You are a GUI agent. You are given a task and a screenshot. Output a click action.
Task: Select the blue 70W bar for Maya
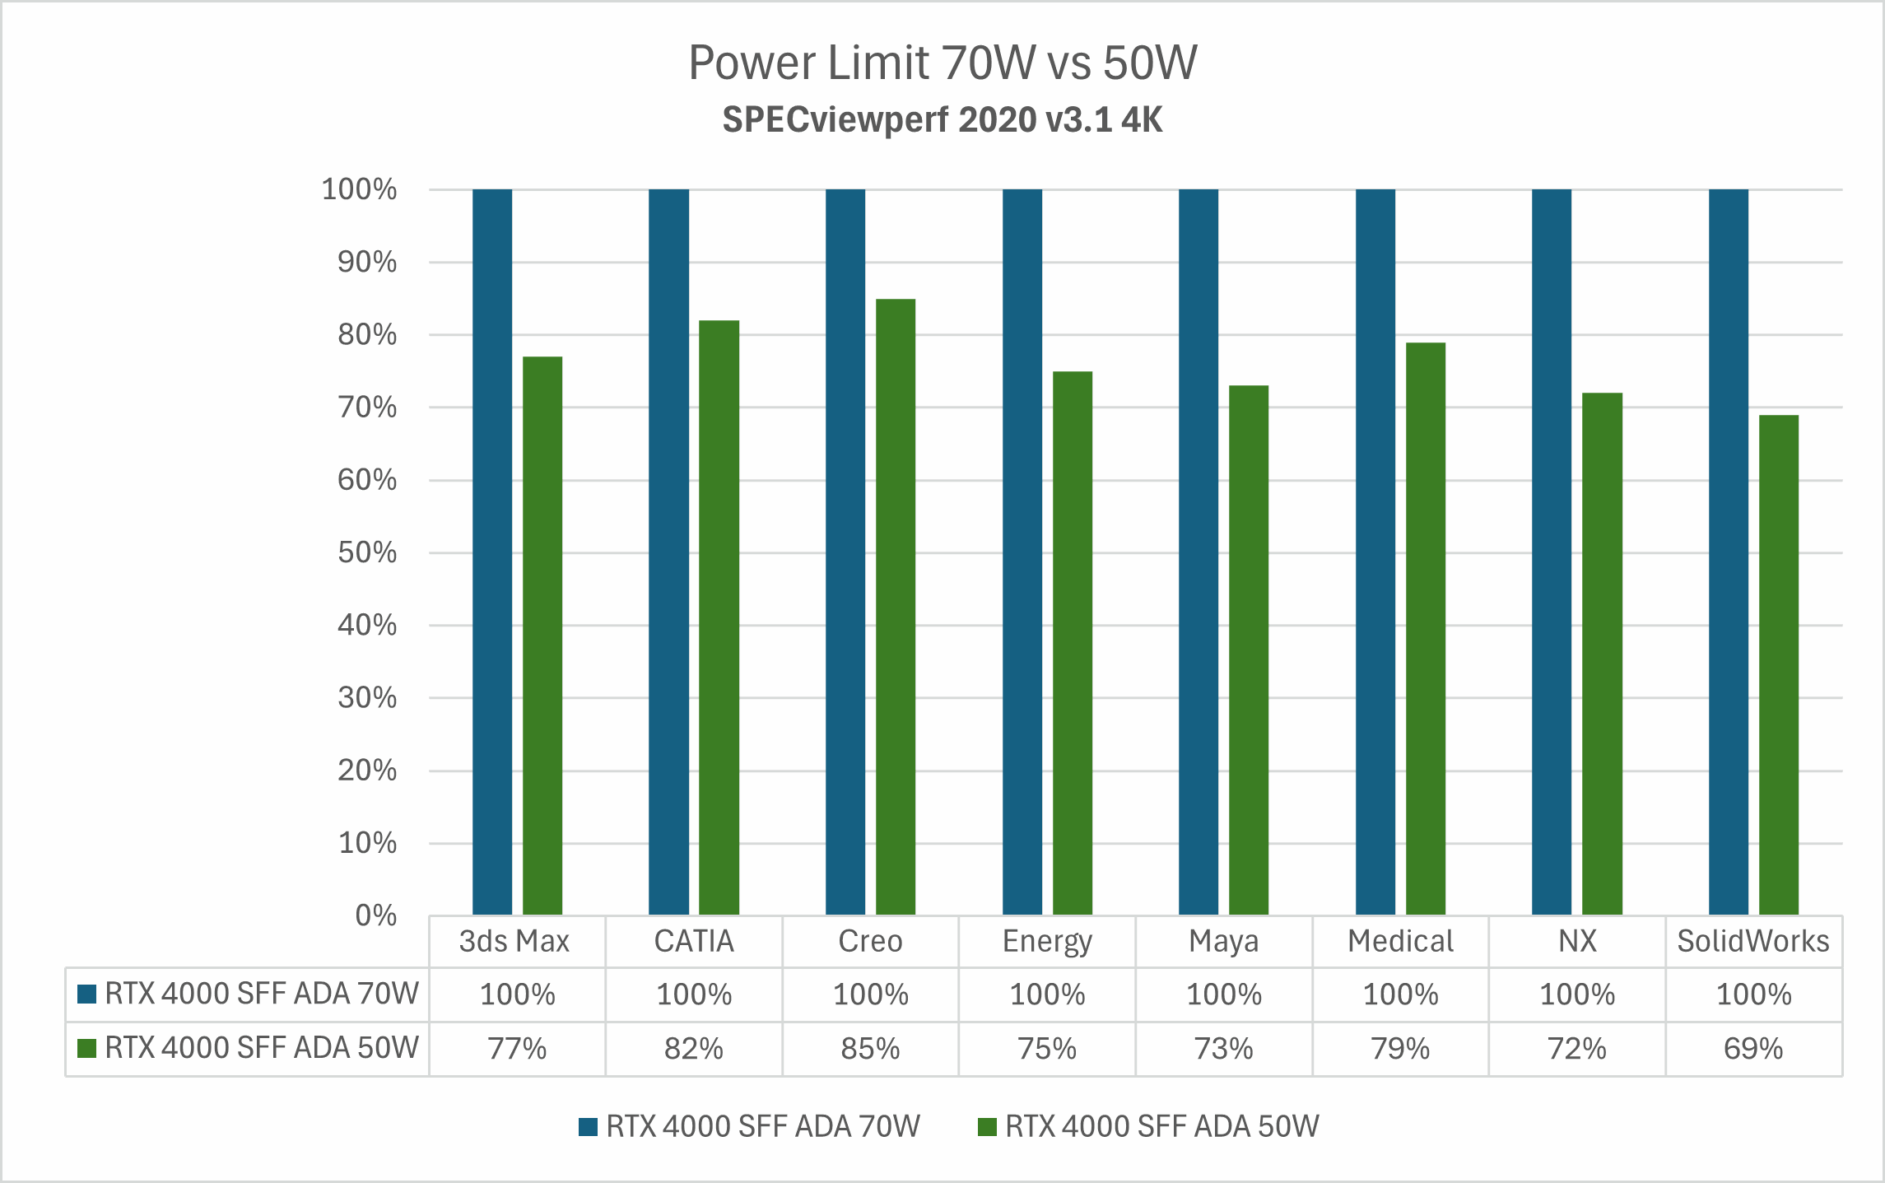[1198, 552]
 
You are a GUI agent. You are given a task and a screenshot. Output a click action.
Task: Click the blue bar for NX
[1551, 552]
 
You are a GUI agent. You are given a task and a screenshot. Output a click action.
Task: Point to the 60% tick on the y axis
[367, 480]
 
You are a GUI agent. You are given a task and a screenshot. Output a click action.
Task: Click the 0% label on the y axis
[375, 915]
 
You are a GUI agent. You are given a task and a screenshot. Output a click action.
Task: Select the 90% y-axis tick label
[367, 263]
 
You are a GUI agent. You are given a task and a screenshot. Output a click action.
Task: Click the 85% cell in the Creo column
[870, 1049]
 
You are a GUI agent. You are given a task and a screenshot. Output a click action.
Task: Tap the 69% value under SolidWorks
[1753, 1049]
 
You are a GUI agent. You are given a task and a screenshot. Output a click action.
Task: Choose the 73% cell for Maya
[1223, 1049]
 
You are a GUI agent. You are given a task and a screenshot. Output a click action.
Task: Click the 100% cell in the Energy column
[1047, 994]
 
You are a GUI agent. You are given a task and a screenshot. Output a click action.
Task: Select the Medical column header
[1400, 941]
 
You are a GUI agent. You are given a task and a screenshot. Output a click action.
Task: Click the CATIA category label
[694, 941]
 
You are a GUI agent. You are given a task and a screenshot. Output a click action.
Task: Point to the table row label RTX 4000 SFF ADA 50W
[261, 1048]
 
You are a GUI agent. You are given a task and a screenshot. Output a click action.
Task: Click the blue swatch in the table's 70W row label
[86, 994]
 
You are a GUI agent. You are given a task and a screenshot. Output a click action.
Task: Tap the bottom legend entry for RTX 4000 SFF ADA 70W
[762, 1126]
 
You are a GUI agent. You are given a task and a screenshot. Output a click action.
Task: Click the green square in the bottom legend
[987, 1126]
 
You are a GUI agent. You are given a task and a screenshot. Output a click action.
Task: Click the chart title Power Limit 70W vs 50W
[942, 63]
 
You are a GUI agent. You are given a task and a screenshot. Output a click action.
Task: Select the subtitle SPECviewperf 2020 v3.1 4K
[942, 120]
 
